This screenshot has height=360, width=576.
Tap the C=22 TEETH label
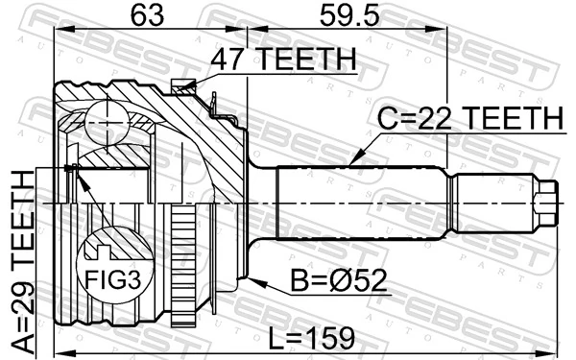point(468,119)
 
